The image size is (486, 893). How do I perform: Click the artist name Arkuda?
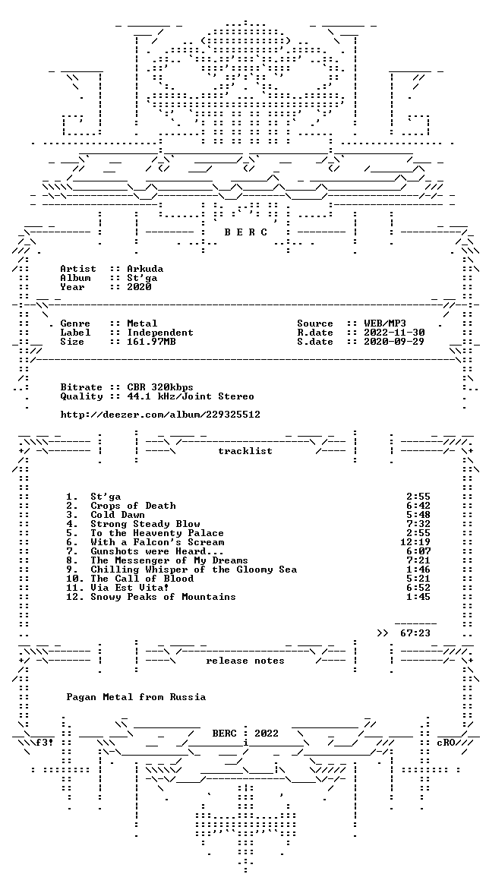point(145,269)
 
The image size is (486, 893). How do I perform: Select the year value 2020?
point(139,287)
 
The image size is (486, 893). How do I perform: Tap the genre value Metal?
point(142,323)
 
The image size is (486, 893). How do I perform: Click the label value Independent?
point(160,333)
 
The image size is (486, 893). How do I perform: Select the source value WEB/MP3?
point(384,323)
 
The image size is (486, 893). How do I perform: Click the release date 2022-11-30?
point(393,333)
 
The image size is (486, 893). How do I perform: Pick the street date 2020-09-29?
point(393,342)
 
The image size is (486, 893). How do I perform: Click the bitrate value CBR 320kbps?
point(160,387)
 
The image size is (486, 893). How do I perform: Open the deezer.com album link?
point(160,415)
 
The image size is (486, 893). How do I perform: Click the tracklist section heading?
point(245,451)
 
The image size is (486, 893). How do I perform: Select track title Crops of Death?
point(133,506)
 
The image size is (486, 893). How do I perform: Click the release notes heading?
point(245,661)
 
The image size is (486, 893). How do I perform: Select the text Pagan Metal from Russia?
point(136,697)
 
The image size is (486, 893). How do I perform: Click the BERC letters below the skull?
point(245,232)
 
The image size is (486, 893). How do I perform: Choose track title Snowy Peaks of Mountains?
point(163,597)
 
